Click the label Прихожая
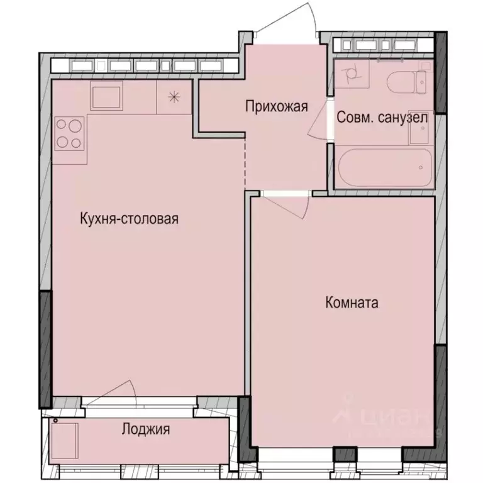coord(276,106)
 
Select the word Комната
coord(352,303)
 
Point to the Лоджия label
coord(146,430)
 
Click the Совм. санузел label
coord(382,118)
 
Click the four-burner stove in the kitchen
coord(69,133)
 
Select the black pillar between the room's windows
coord(343,453)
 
